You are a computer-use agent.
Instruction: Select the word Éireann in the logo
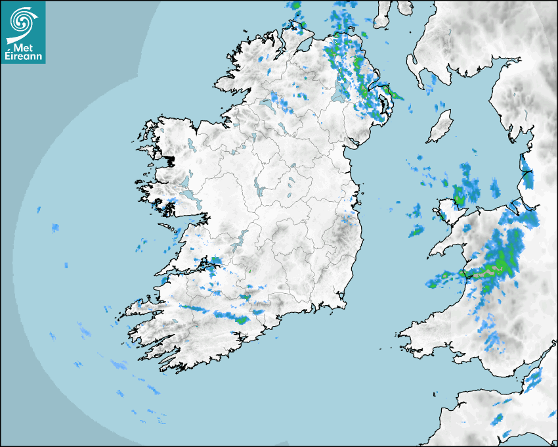[23, 56]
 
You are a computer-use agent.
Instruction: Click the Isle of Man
[440, 127]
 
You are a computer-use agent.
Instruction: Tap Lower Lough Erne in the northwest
[267, 103]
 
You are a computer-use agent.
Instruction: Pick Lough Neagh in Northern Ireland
[338, 95]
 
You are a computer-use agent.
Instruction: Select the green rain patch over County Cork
[241, 320]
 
